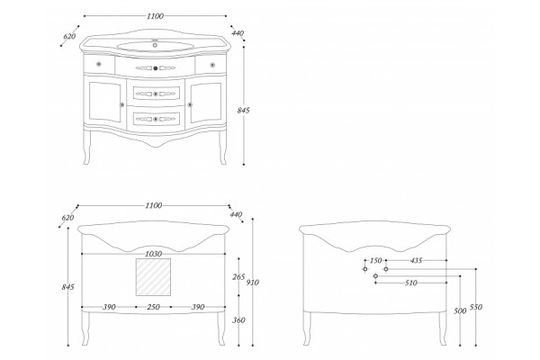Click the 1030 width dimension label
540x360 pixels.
coord(153,254)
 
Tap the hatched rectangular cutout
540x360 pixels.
coord(153,277)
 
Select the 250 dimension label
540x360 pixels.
coord(153,307)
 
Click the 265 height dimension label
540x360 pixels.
coord(238,276)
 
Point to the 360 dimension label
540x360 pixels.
coord(238,320)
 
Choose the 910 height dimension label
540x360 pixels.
coord(253,283)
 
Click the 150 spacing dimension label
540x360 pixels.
coord(375,260)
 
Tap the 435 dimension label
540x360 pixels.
coord(416,260)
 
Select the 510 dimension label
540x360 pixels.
coord(411,283)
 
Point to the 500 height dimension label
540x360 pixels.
coord(460,310)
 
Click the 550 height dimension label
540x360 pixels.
coord(476,307)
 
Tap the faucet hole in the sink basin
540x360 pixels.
coord(155,45)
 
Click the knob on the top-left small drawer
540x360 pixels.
coord(99,64)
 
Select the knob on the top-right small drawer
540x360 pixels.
coord(212,64)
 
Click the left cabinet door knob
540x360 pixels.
coord(121,104)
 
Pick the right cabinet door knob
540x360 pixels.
coord(190,104)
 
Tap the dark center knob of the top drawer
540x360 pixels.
coord(156,68)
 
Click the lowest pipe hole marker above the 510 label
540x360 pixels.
coord(375,276)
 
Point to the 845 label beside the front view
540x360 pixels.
coord(244,110)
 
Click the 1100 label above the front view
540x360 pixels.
coord(155,16)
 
